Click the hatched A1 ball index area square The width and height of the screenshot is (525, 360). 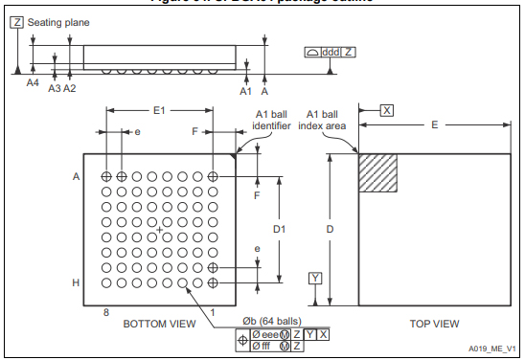(x=377, y=173)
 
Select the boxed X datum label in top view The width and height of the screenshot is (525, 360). (x=386, y=110)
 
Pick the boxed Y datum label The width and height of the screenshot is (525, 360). (x=315, y=279)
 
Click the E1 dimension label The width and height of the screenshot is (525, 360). (x=159, y=111)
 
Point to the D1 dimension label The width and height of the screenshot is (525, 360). (x=279, y=230)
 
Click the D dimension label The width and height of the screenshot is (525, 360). (x=331, y=230)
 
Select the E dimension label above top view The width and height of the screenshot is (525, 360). (x=434, y=125)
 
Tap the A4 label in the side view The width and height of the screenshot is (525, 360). (x=33, y=83)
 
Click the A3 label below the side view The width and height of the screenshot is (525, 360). (x=55, y=88)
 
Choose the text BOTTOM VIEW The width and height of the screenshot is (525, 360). (x=159, y=324)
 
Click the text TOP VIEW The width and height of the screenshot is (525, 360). (x=434, y=324)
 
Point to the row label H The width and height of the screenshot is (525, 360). (x=76, y=282)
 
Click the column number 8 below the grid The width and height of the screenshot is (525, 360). (x=105, y=311)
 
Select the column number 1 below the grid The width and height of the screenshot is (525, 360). (x=213, y=311)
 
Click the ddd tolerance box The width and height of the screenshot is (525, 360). (x=331, y=51)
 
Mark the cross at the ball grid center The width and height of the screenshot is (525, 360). (x=159, y=230)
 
